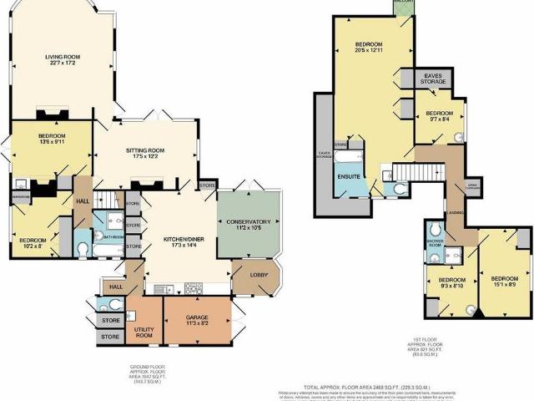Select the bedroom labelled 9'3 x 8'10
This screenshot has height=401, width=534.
[x=451, y=282]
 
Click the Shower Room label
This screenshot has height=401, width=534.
[x=434, y=243]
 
